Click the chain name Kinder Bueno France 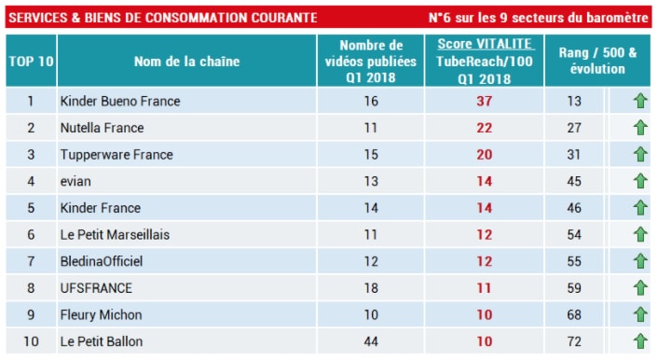(119, 101)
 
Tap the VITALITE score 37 (484, 101)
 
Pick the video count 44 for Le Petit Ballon (370, 341)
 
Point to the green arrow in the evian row (639, 182)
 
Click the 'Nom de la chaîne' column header (186, 62)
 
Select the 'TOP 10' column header (31, 62)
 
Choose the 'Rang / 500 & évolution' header (597, 62)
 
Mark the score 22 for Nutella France (484, 128)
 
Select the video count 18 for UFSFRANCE (370, 288)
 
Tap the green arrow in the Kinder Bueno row (639, 101)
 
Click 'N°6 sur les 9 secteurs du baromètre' (538, 18)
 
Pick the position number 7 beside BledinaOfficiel (31, 261)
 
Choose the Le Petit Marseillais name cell (115, 235)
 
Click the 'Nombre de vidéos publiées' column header (370, 62)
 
